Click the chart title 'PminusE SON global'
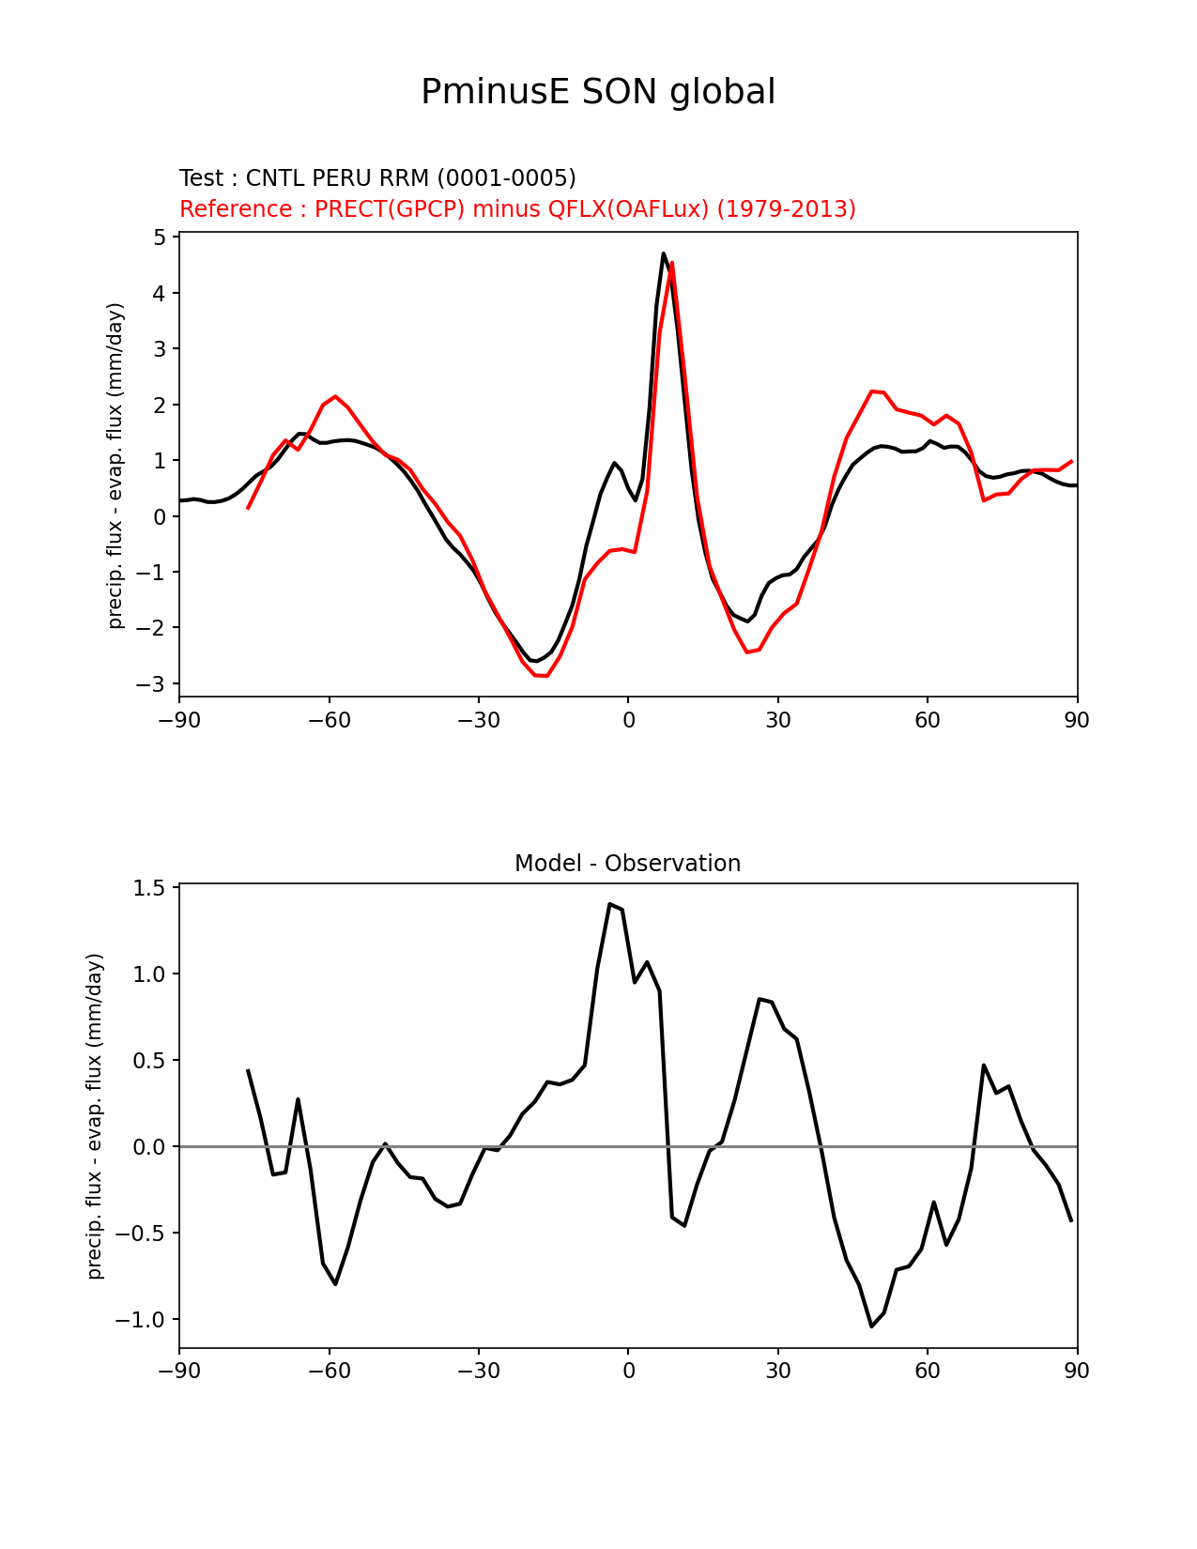598,92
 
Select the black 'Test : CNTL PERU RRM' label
377,178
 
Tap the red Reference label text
517,209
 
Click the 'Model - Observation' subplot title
627,864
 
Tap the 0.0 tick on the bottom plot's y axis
148,1147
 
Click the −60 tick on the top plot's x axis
329,720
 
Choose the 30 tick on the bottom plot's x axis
777,1372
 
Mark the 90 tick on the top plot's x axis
1077,720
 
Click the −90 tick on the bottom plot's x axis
179,1372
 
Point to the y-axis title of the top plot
115,466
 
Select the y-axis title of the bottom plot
95,1116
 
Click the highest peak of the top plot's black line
663,253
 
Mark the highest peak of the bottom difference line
609,904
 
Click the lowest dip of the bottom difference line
871,1327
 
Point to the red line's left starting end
249,508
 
